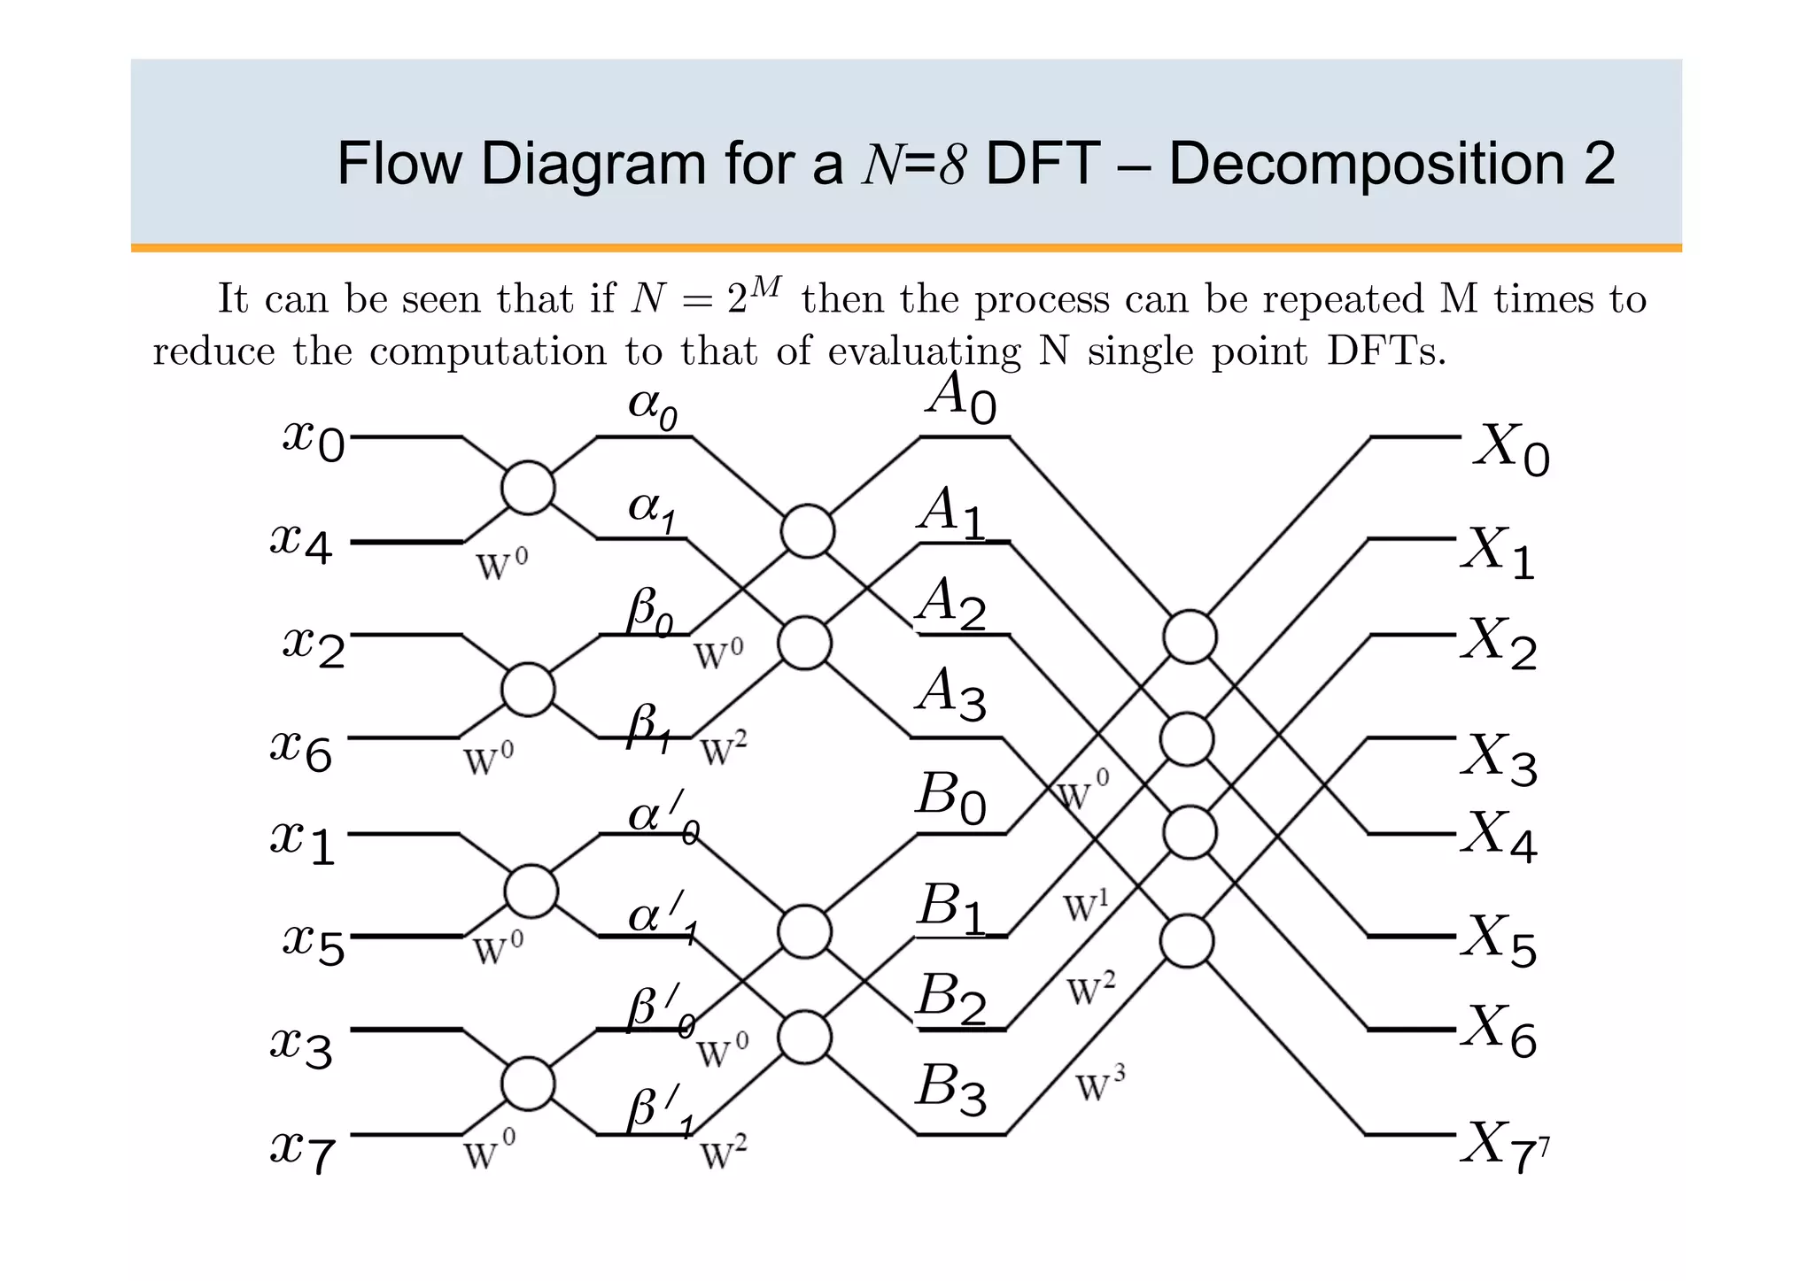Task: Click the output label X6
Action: coord(1500,1031)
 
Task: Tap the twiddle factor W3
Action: coord(1099,1085)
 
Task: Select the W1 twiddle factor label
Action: coord(1086,906)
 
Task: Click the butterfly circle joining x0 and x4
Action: coord(528,488)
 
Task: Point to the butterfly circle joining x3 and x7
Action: coord(528,1084)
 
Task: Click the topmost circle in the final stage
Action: coord(1190,637)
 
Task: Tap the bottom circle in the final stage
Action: coord(1186,941)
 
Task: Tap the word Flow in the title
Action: coord(399,164)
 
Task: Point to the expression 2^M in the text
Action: coord(755,297)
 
